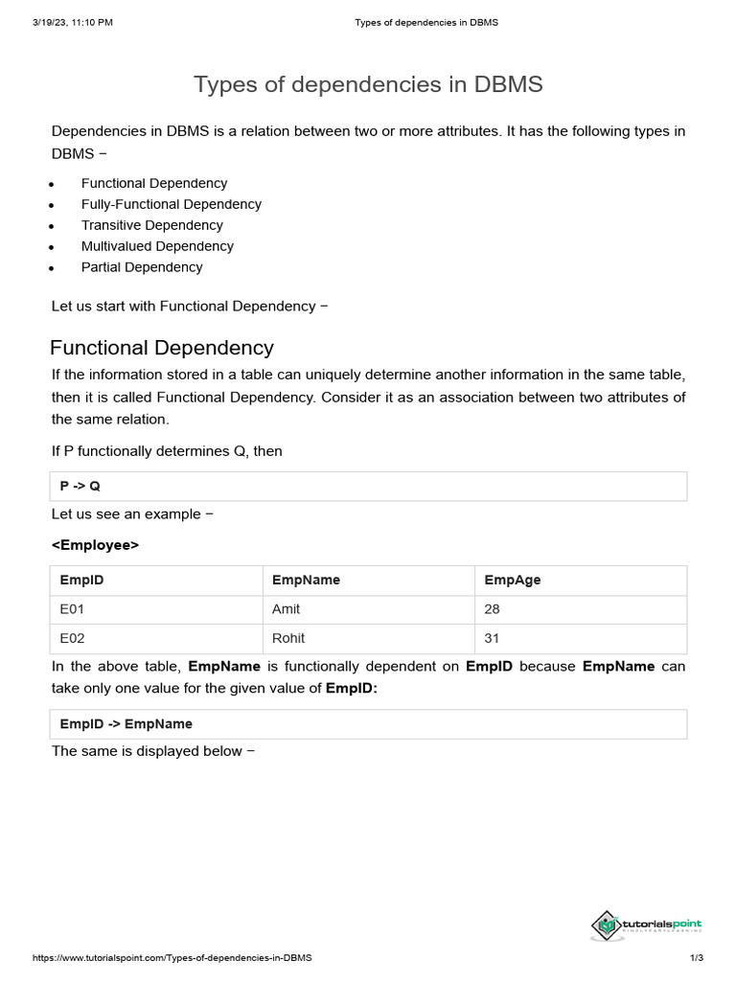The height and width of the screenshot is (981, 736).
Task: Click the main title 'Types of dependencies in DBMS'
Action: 368,84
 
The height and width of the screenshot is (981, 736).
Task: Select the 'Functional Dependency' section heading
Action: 162,348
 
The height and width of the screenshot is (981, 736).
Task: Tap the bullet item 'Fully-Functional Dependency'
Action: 171,204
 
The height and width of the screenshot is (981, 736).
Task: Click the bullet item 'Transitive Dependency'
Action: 151,225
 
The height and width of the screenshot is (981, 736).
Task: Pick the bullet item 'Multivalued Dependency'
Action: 157,246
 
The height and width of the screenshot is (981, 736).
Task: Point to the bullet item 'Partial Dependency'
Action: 142,267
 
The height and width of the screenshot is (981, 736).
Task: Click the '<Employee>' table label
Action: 95,545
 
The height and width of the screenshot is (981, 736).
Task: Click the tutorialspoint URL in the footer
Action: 172,958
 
